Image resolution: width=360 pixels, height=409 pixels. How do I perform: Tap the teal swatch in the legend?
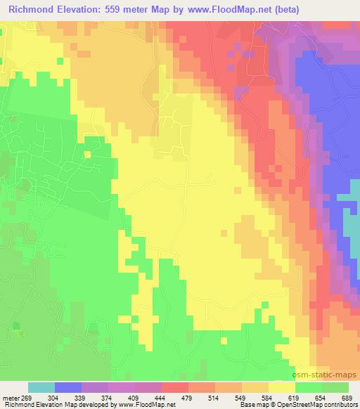[x=41, y=387]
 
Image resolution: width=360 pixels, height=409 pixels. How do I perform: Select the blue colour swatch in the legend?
[x=68, y=387]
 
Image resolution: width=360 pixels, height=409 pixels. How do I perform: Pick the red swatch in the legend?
[x=175, y=387]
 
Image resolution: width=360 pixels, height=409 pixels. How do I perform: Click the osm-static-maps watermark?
[x=330, y=377]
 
